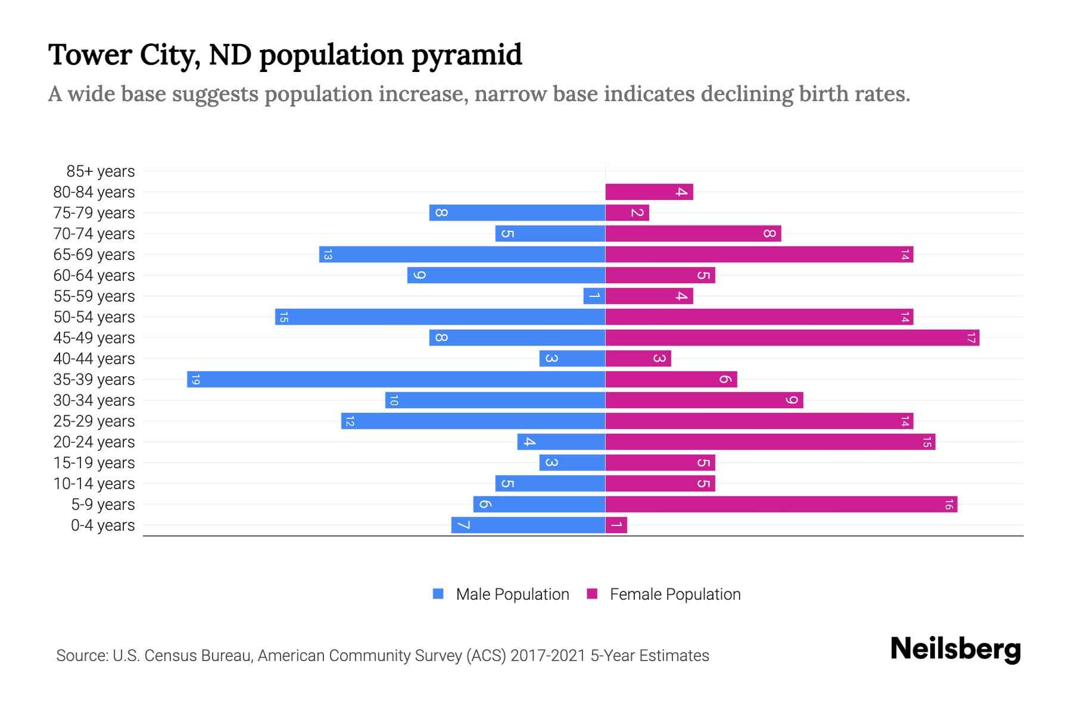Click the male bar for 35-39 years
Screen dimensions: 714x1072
(x=396, y=380)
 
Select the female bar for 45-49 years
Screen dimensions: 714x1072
(x=792, y=338)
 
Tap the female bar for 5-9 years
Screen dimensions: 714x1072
(x=781, y=505)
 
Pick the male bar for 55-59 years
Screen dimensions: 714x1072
(x=594, y=296)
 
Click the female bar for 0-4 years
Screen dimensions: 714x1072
(x=616, y=525)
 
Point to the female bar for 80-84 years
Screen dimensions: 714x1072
(x=649, y=192)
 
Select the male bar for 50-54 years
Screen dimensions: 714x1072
(x=440, y=317)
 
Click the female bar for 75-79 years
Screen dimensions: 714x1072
(x=627, y=213)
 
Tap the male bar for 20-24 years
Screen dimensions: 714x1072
(x=561, y=442)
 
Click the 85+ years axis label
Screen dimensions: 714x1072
(x=101, y=171)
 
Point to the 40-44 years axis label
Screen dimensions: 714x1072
(x=94, y=359)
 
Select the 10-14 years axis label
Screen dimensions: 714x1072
(x=94, y=484)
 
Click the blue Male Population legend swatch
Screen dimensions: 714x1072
(x=438, y=594)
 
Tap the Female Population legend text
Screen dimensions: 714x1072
(x=675, y=594)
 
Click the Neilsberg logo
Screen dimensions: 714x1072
(x=955, y=649)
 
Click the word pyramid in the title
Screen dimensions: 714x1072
(x=466, y=55)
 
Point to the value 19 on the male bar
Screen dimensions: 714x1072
(x=195, y=380)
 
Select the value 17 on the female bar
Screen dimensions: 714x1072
(x=971, y=338)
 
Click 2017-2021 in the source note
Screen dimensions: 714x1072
(x=548, y=656)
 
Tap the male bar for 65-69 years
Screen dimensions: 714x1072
(x=462, y=255)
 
